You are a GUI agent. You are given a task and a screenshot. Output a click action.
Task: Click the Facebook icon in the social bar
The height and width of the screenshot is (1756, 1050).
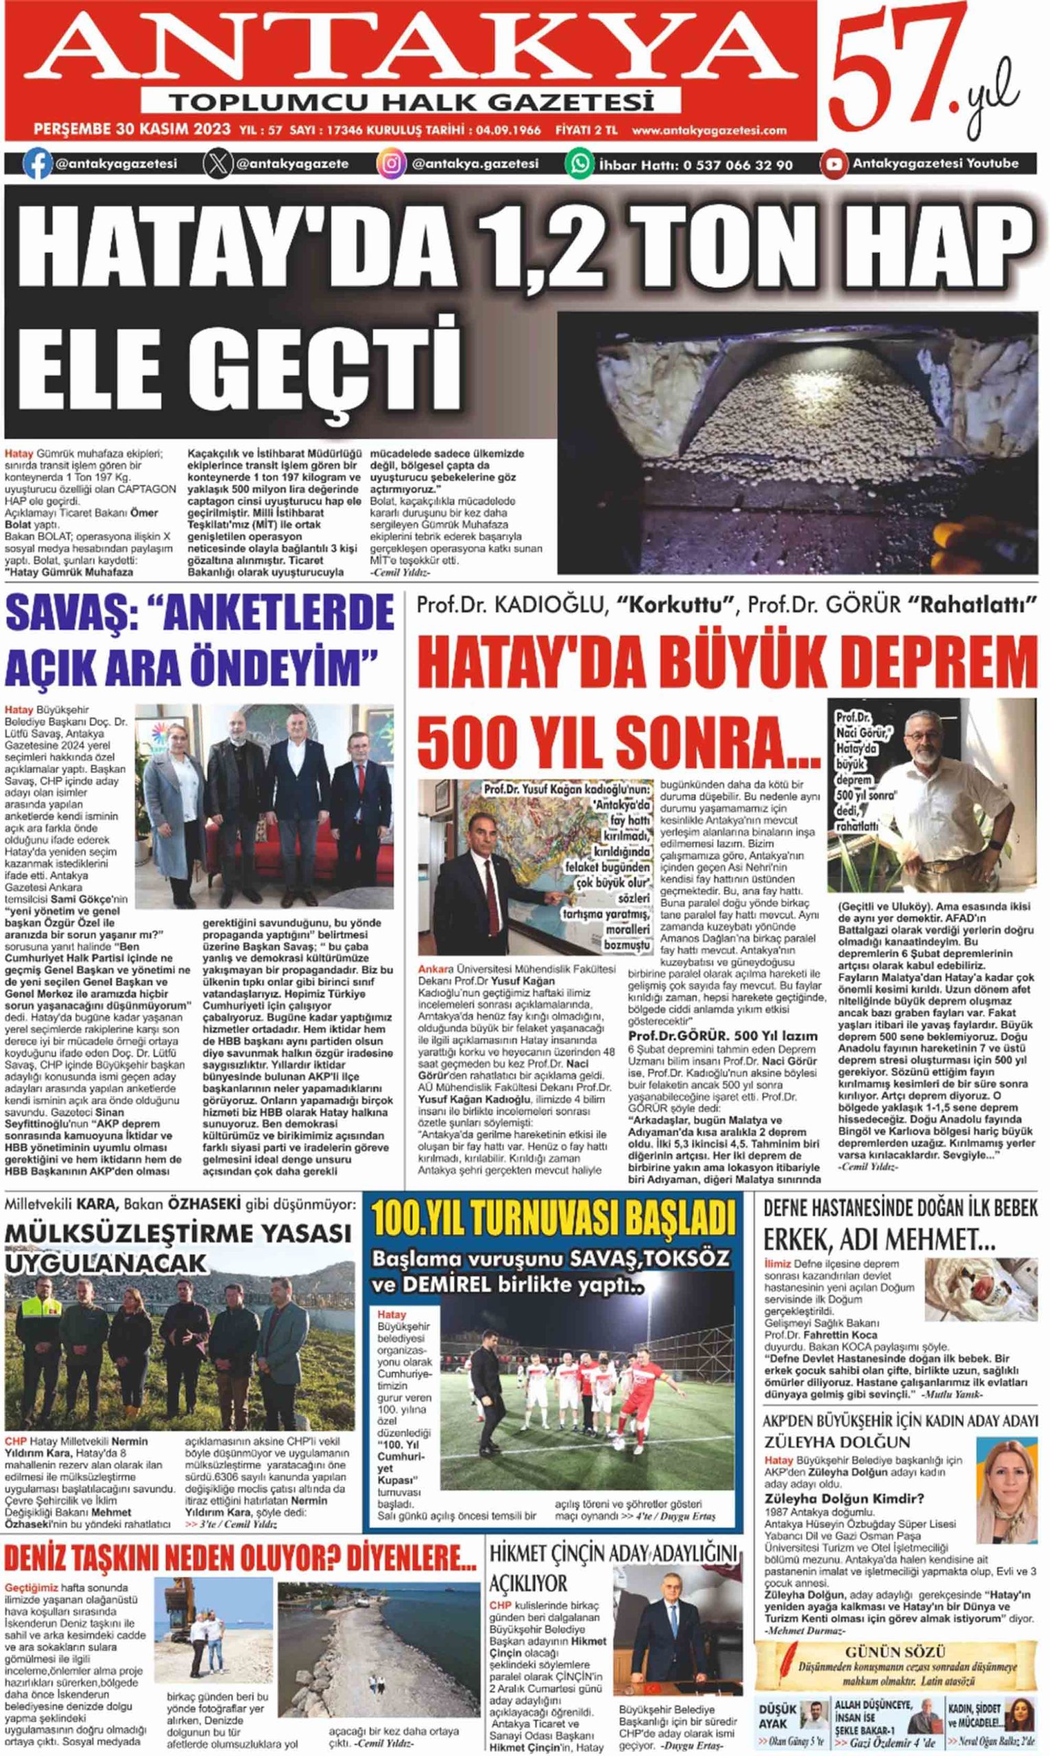coord(37,164)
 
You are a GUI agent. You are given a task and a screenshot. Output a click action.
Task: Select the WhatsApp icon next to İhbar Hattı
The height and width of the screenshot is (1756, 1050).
coord(579,164)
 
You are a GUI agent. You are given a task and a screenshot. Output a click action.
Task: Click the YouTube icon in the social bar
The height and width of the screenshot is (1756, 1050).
coord(833,164)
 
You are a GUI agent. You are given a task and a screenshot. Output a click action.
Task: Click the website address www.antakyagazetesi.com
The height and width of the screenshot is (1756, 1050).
coord(709,130)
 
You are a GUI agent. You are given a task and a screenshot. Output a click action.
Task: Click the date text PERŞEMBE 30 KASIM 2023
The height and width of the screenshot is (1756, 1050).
coord(132,130)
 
